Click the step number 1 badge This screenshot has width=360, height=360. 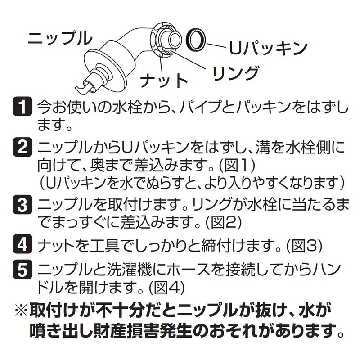point(22,108)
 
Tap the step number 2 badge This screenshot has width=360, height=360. point(22,148)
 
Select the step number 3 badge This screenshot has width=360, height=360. point(22,206)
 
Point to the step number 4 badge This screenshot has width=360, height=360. point(22,246)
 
